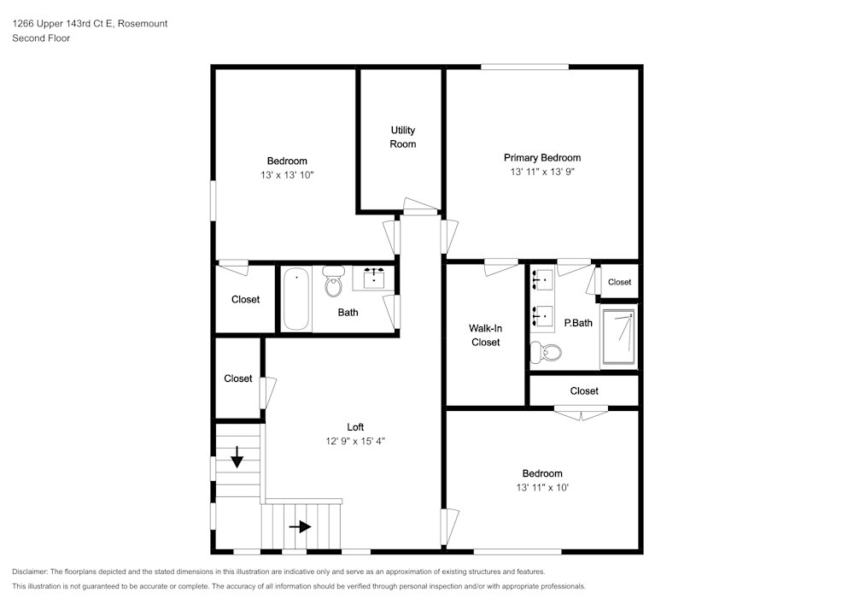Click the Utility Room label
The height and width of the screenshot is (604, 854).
tap(403, 137)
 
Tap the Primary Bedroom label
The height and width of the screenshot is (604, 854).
tap(541, 157)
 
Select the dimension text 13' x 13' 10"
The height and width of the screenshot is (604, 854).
tap(287, 174)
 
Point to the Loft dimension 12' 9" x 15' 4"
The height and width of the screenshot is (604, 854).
tap(354, 441)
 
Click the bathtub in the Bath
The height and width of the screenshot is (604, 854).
tap(295, 298)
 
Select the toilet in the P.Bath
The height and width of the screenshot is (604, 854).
tap(547, 351)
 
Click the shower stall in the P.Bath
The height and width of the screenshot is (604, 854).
tap(618, 337)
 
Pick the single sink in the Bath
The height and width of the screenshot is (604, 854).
tap(374, 279)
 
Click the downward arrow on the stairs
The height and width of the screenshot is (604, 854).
tap(237, 459)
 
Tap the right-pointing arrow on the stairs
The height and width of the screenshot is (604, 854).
tap(300, 527)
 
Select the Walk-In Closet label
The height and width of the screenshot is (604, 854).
tap(484, 335)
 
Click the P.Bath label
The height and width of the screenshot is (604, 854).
tap(578, 323)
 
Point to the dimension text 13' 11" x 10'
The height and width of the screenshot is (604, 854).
tap(542, 487)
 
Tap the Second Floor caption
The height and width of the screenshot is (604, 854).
tap(41, 38)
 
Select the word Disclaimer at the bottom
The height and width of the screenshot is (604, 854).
tap(30, 572)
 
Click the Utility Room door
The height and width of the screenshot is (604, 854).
tap(419, 211)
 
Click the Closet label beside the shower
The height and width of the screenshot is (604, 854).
tap(619, 282)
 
